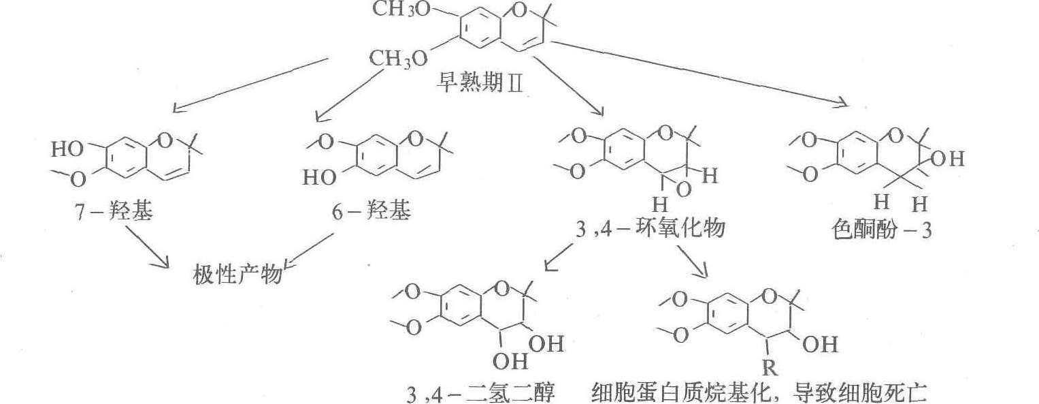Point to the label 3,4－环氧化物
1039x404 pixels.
pyautogui.click(x=650, y=230)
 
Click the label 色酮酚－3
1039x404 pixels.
pyautogui.click(x=881, y=230)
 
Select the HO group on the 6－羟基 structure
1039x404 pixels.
pyautogui.click(x=320, y=178)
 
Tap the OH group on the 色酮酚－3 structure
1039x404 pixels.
pyautogui.click(x=949, y=159)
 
